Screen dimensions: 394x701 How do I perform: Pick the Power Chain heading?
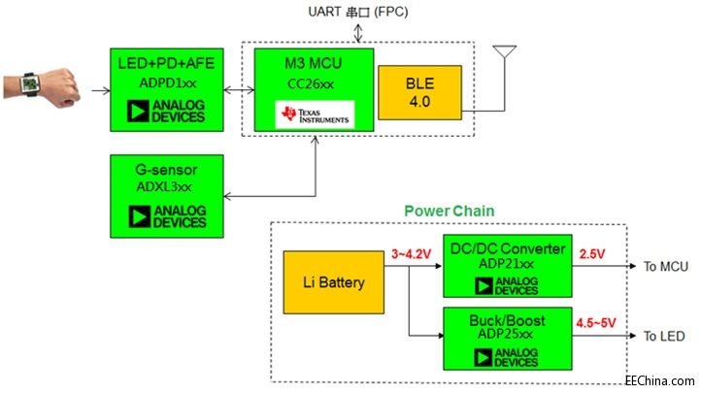[449, 210]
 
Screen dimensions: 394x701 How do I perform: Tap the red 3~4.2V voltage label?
[410, 255]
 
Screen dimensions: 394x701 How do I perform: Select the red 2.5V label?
[592, 255]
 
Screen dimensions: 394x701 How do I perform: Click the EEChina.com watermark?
[660, 381]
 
